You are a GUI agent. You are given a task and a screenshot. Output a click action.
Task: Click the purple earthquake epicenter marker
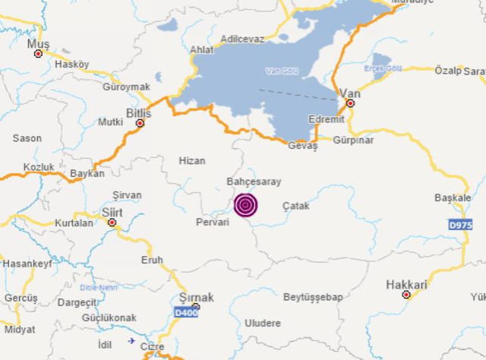click(245, 205)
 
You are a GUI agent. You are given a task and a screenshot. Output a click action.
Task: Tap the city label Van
click(350, 93)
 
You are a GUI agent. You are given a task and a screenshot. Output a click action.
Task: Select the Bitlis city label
click(139, 112)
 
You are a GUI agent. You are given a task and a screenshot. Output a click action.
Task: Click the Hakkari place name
click(406, 284)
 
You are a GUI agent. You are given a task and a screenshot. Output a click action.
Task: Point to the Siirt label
click(112, 212)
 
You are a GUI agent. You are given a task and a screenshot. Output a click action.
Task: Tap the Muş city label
click(37, 44)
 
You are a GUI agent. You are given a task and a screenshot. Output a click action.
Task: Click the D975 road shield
click(460, 225)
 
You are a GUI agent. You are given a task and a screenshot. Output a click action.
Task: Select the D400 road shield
click(187, 312)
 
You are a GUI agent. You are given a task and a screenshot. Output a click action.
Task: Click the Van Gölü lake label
click(282, 71)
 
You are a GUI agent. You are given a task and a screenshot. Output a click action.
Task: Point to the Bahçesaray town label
click(254, 182)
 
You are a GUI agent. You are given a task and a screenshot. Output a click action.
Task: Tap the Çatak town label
click(296, 206)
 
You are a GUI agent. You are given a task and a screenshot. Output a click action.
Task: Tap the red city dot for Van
click(350, 103)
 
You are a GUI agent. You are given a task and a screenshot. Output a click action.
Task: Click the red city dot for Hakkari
click(406, 295)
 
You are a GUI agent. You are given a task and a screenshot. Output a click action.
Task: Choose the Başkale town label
click(453, 197)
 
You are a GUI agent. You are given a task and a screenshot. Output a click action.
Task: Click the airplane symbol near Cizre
click(132, 341)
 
